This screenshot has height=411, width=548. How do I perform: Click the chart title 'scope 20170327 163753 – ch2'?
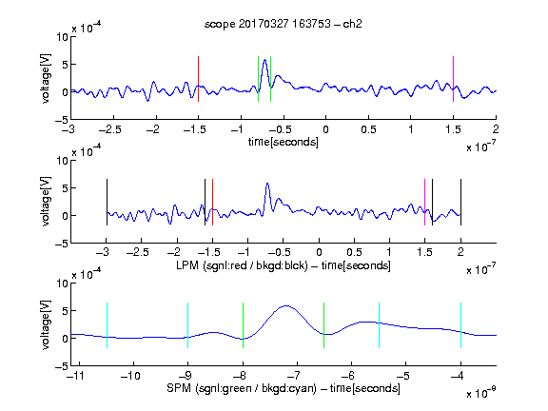(284, 24)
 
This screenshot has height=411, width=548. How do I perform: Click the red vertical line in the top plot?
(198, 79)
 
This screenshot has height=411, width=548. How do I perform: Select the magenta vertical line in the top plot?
(453, 79)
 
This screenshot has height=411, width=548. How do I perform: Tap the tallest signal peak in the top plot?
(264, 60)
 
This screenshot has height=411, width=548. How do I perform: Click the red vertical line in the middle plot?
(212, 202)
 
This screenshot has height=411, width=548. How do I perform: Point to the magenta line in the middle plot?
(424, 202)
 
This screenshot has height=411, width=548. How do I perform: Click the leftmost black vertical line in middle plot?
(107, 202)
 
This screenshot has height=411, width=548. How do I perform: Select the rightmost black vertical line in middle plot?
(460, 202)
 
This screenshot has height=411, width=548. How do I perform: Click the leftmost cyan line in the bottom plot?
(107, 325)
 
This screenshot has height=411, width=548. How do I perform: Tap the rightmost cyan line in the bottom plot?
(460, 325)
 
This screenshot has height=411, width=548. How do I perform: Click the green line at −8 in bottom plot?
(243, 325)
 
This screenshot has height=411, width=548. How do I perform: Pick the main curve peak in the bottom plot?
(286, 306)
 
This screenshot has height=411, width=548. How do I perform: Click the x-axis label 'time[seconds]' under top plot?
(284, 142)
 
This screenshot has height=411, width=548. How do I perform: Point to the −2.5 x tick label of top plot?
(110, 130)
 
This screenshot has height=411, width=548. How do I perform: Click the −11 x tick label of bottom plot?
(76, 376)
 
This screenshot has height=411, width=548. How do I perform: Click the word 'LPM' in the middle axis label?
(187, 265)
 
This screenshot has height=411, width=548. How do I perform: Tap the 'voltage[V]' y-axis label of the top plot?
(46, 79)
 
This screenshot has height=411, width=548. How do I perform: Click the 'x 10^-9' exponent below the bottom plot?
(480, 393)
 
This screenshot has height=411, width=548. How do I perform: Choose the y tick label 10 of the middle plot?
(63, 161)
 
